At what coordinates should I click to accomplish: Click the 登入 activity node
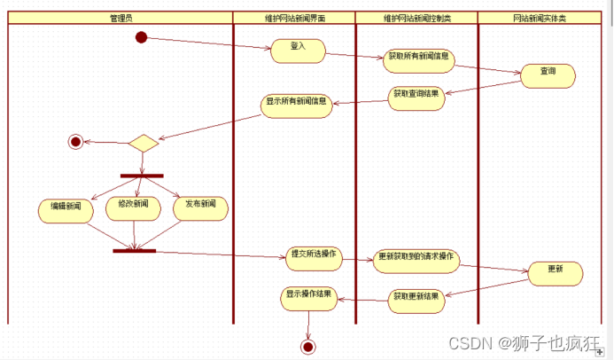296,51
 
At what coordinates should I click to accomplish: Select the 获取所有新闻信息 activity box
418,60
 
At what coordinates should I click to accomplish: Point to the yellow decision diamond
142,143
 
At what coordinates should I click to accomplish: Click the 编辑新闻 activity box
66,209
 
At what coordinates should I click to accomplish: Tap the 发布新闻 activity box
200,207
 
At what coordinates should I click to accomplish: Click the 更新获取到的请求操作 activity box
416,261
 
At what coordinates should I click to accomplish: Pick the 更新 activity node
555,273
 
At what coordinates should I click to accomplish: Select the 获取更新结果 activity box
416,299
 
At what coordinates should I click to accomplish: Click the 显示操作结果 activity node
308,299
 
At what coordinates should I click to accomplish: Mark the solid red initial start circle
141,36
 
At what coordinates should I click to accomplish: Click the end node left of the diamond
74,142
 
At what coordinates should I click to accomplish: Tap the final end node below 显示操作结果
308,346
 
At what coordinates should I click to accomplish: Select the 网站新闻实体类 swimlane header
540,17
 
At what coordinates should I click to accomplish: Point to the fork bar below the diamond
142,176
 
